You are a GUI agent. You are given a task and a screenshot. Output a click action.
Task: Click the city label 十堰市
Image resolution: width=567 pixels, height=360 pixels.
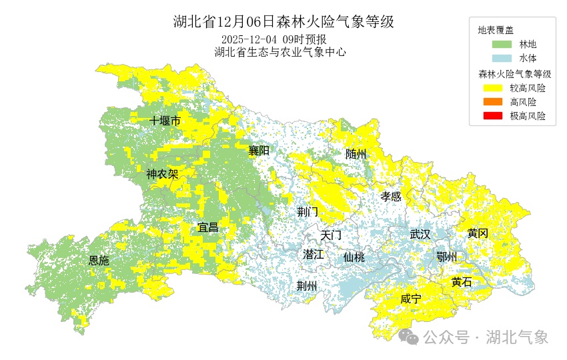(165, 121)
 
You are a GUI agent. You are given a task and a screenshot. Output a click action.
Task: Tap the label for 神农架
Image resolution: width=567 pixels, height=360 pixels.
(162, 175)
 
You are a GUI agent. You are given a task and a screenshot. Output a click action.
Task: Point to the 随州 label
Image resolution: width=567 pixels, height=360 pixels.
(356, 154)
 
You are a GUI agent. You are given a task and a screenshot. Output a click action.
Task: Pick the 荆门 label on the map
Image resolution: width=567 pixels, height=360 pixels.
(308, 212)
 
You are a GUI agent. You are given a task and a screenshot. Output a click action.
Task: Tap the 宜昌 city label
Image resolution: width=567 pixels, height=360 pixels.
(208, 227)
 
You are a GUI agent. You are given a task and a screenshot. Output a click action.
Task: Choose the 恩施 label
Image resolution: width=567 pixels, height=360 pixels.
(99, 260)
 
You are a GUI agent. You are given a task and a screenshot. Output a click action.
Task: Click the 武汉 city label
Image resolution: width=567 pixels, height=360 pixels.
(420, 235)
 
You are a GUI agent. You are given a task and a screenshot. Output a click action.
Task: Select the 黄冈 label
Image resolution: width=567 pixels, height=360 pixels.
(478, 233)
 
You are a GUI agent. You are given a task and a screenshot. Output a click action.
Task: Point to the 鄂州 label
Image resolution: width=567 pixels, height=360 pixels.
(446, 257)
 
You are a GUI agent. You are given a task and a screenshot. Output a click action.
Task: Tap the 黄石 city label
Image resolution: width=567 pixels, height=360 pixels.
(462, 282)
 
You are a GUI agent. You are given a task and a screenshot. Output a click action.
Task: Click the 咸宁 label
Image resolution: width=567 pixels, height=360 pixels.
(411, 299)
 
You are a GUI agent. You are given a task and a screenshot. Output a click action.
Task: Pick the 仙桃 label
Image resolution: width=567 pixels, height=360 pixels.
(354, 257)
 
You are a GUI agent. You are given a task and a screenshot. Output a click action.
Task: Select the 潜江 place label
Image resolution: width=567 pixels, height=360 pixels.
(313, 254)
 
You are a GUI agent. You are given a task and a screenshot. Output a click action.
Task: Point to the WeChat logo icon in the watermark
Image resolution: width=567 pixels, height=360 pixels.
(409, 337)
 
